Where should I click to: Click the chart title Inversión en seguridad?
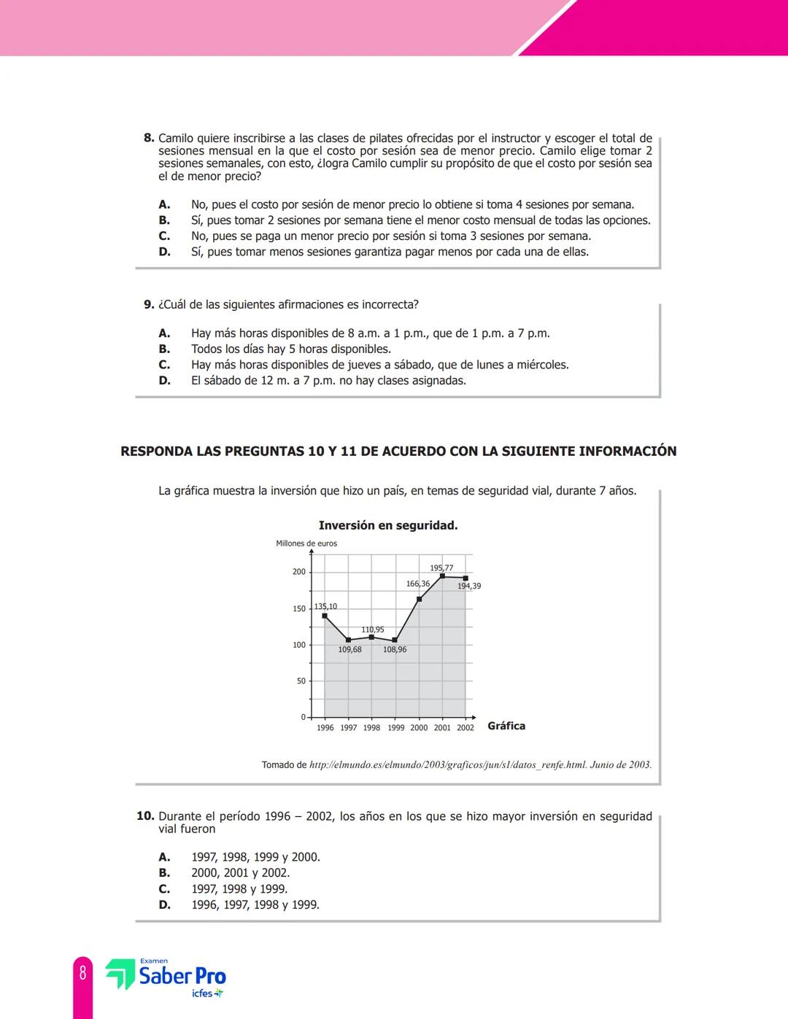[x=388, y=525]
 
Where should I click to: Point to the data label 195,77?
[x=441, y=567]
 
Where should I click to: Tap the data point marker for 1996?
[x=325, y=616]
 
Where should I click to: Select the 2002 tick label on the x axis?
[x=466, y=728]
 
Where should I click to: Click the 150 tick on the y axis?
[x=299, y=608]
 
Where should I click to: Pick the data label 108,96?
[x=395, y=649]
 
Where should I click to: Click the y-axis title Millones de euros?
[x=306, y=543]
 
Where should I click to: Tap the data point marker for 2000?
[x=419, y=599]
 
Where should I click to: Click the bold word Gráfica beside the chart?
[x=506, y=726]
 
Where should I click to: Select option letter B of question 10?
[x=164, y=873]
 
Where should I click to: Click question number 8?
[x=149, y=138]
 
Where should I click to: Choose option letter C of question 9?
[x=164, y=365]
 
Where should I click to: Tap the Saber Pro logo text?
[x=182, y=976]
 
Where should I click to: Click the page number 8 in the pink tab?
[x=82, y=973]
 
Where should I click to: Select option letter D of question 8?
[x=164, y=252]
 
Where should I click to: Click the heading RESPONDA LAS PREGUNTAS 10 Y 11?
[x=398, y=452]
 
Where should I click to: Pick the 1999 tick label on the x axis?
[x=395, y=728]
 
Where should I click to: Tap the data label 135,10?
[x=325, y=606]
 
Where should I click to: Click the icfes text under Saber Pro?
[x=202, y=993]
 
